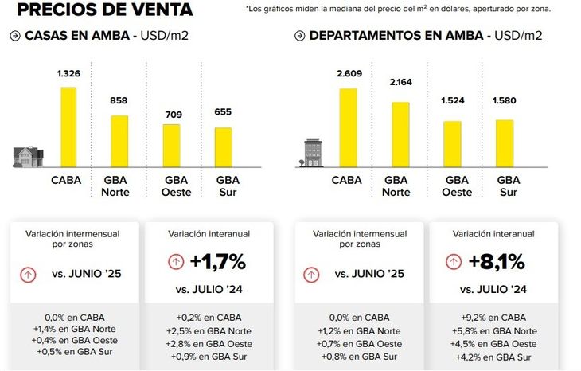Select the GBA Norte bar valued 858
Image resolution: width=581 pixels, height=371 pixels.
coord(119,141)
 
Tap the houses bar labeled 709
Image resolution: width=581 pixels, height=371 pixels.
coord(172,145)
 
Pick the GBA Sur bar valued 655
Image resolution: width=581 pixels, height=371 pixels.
coord(224,146)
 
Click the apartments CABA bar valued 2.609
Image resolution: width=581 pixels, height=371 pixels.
coord(349,127)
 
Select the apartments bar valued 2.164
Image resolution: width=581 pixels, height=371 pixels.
coord(400,135)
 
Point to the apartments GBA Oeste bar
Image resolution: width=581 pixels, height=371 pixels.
coord(452,144)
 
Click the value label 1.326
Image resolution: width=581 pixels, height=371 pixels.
coord(69,73)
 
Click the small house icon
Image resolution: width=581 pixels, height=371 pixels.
coord(28,156)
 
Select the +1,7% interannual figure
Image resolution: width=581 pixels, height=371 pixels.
coord(217,261)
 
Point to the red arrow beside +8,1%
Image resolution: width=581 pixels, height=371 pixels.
coord(454,261)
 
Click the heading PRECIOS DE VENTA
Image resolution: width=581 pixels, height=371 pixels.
coord(104,10)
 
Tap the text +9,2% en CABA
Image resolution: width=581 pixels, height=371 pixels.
coord(493,317)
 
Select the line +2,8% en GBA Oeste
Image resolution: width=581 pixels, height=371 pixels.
coord(209,343)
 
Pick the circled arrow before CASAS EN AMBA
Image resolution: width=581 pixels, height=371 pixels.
coord(16,37)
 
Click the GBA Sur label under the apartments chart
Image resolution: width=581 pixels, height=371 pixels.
coord(509,186)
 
